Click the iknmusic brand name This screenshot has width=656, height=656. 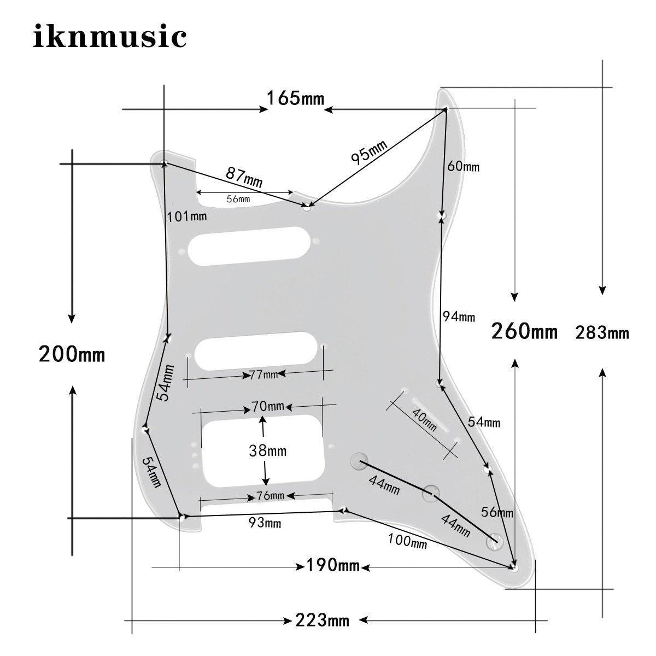pyautogui.click(x=110, y=36)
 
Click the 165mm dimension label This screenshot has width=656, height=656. pyautogui.click(x=295, y=99)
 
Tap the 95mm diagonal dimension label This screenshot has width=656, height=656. pyautogui.click(x=370, y=152)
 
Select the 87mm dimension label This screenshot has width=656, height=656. pyautogui.click(x=244, y=177)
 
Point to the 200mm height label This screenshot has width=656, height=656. pyautogui.click(x=72, y=354)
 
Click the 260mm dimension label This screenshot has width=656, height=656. pyautogui.click(x=524, y=331)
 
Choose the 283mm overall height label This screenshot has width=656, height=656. pyautogui.click(x=602, y=332)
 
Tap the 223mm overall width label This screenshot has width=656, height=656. pyautogui.click(x=322, y=620)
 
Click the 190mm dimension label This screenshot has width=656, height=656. pyautogui.click(x=333, y=565)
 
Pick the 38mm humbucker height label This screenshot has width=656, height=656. pyautogui.click(x=267, y=451)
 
